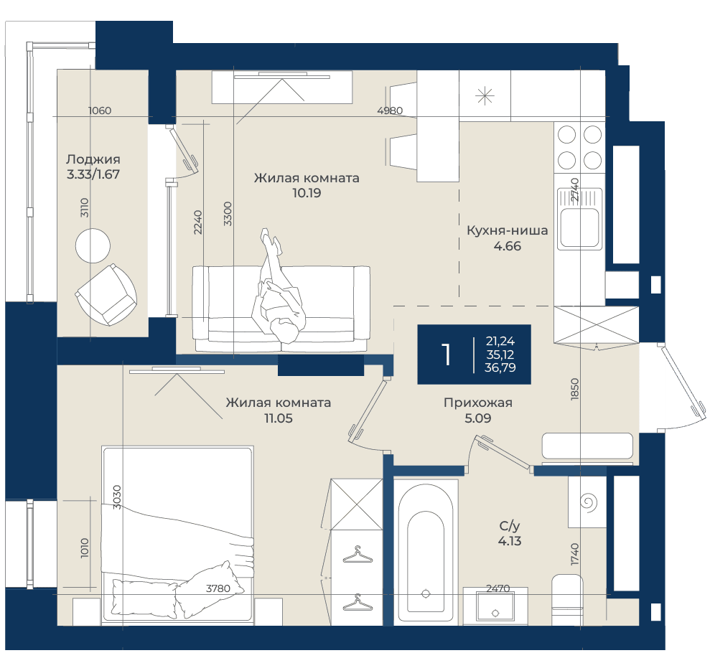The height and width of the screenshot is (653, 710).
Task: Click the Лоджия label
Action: tap(93, 159)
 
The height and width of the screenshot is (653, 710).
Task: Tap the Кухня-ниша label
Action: tap(507, 230)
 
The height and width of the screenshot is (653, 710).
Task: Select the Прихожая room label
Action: tap(477, 403)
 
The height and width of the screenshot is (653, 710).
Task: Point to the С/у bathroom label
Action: tap(510, 526)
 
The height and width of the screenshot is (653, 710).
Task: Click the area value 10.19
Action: tap(307, 193)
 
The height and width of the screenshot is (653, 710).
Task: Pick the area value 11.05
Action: tap(279, 418)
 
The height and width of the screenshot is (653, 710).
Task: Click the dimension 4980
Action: tap(390, 111)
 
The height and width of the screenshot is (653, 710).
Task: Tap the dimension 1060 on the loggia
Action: tap(100, 111)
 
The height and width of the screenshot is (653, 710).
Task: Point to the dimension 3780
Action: tap(218, 588)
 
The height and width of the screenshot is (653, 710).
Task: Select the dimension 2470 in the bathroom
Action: tap(498, 588)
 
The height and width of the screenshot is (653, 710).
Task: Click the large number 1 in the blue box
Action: tap(447, 354)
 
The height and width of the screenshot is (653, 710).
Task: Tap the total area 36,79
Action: tap(500, 367)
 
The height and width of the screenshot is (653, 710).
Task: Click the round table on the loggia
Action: tap(93, 245)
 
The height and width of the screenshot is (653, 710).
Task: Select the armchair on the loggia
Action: tap(107, 295)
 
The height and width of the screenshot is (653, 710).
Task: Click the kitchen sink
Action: tap(579, 219)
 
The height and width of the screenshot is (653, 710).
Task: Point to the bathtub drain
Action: tap(425, 593)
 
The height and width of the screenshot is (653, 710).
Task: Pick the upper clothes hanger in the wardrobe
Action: tap(358, 555)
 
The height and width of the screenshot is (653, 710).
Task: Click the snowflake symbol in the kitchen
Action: tap(485, 95)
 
